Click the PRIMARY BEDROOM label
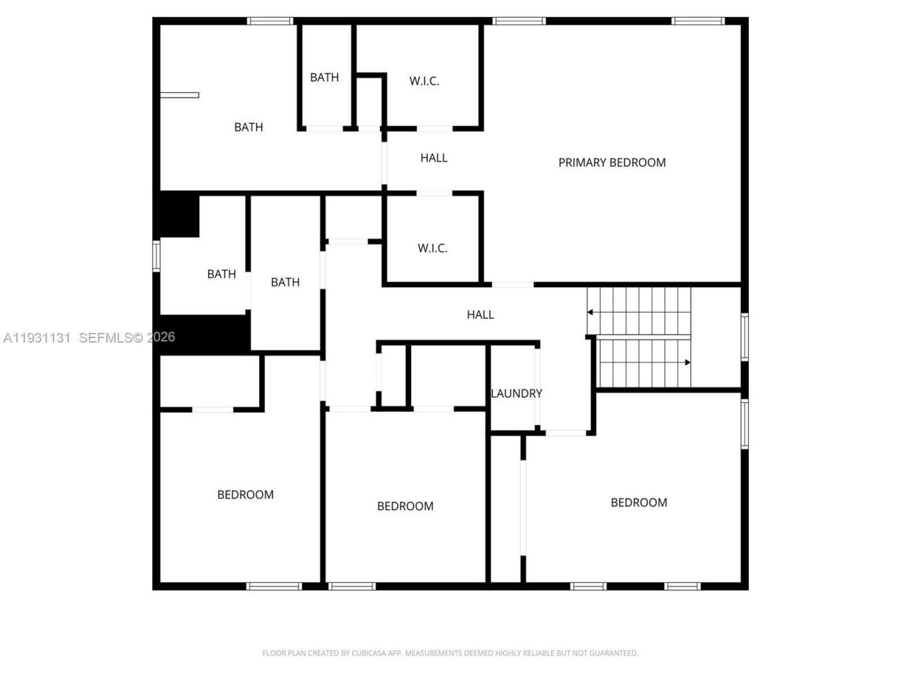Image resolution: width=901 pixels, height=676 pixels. (612, 163)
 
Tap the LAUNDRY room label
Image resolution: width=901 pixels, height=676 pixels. (516, 394)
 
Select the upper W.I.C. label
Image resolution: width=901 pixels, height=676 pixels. (424, 81)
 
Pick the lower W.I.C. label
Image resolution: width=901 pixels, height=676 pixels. (432, 248)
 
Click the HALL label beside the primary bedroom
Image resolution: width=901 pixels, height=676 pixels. (434, 158)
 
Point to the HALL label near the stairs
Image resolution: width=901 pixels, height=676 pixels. (480, 315)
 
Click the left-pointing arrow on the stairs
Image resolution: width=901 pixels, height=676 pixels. (591, 312)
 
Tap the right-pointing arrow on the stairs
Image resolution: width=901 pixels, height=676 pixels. (687, 363)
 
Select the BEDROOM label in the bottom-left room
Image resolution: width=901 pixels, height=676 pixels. (245, 495)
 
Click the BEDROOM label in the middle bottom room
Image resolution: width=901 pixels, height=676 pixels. (405, 506)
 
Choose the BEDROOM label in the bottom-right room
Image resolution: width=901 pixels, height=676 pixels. (638, 503)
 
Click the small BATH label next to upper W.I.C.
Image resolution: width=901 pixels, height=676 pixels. (324, 77)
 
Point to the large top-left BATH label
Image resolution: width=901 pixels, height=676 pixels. (248, 127)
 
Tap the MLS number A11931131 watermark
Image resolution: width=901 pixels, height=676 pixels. (37, 337)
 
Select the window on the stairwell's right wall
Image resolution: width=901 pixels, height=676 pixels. (744, 337)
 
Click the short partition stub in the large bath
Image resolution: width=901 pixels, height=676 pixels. (179, 95)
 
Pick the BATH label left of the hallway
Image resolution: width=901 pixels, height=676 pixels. (285, 282)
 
